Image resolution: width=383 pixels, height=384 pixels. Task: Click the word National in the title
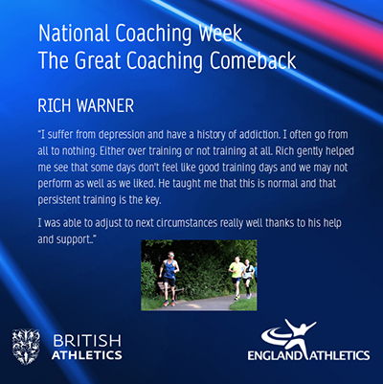click(x=75, y=34)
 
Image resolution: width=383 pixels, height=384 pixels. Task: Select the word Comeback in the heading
click(x=253, y=60)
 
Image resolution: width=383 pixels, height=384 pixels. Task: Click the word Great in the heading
click(x=99, y=60)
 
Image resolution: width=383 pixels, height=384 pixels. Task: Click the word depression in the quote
click(x=122, y=135)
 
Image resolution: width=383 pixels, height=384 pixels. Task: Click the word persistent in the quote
click(x=59, y=200)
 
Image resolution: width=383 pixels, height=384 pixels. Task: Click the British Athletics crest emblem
click(x=26, y=347)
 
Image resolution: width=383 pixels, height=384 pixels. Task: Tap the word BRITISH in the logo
click(x=87, y=341)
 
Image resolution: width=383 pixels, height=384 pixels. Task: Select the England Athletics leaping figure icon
click(x=289, y=336)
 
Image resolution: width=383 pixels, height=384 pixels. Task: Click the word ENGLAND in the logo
click(x=274, y=355)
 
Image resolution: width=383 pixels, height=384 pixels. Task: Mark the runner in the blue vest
click(x=169, y=278)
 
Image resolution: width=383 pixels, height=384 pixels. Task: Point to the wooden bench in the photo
click(x=170, y=290)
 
